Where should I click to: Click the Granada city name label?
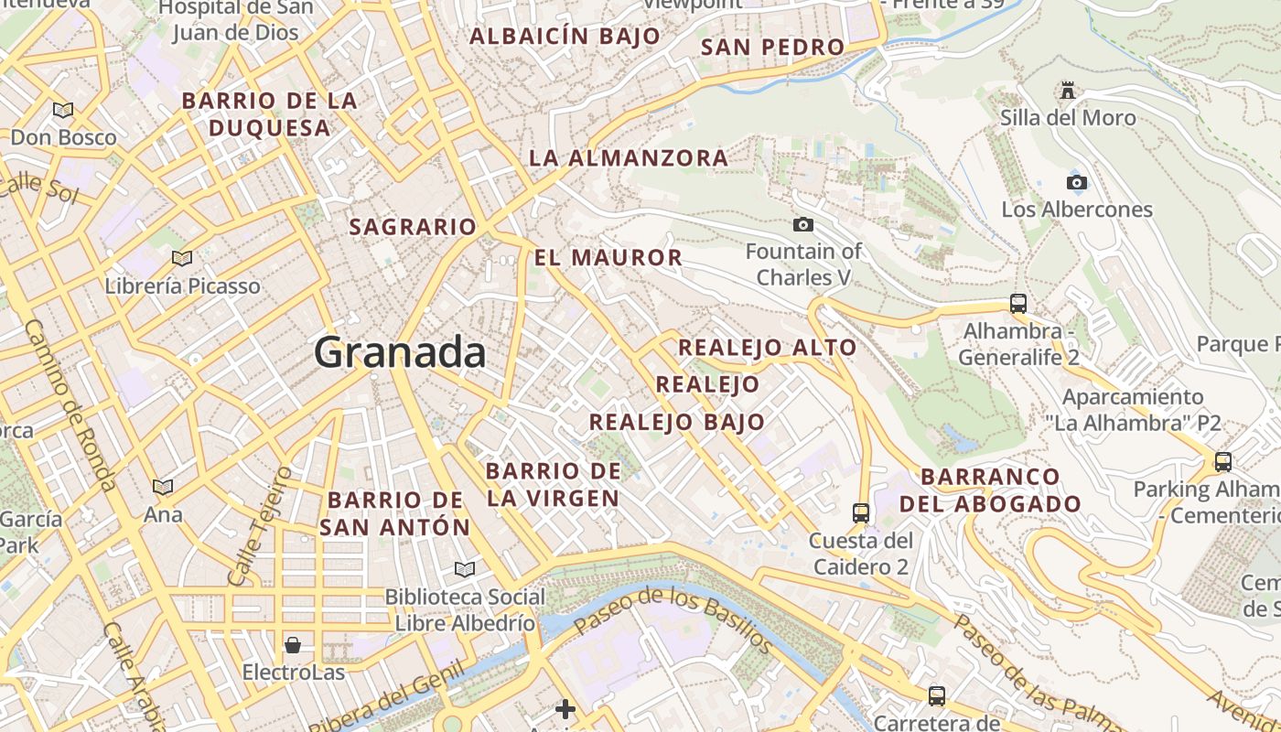(400, 352)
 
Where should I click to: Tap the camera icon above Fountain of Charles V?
(803, 224)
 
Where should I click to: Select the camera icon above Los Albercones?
(1077, 182)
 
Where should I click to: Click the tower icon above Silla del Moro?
(1067, 91)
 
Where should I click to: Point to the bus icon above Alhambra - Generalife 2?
(1018, 304)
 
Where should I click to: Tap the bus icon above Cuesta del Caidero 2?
(860, 513)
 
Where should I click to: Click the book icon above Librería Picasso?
(182, 259)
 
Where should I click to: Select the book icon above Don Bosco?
(63, 111)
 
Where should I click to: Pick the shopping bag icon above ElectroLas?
(293, 645)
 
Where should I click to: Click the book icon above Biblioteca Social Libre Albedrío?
(465, 570)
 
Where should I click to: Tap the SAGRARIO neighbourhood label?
(413, 227)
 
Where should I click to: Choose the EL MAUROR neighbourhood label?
(608, 258)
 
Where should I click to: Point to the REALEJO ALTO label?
(767, 348)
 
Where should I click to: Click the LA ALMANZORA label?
(629, 158)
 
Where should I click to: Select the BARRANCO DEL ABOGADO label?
(990, 490)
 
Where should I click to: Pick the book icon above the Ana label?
(163, 488)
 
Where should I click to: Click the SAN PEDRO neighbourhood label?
(772, 47)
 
